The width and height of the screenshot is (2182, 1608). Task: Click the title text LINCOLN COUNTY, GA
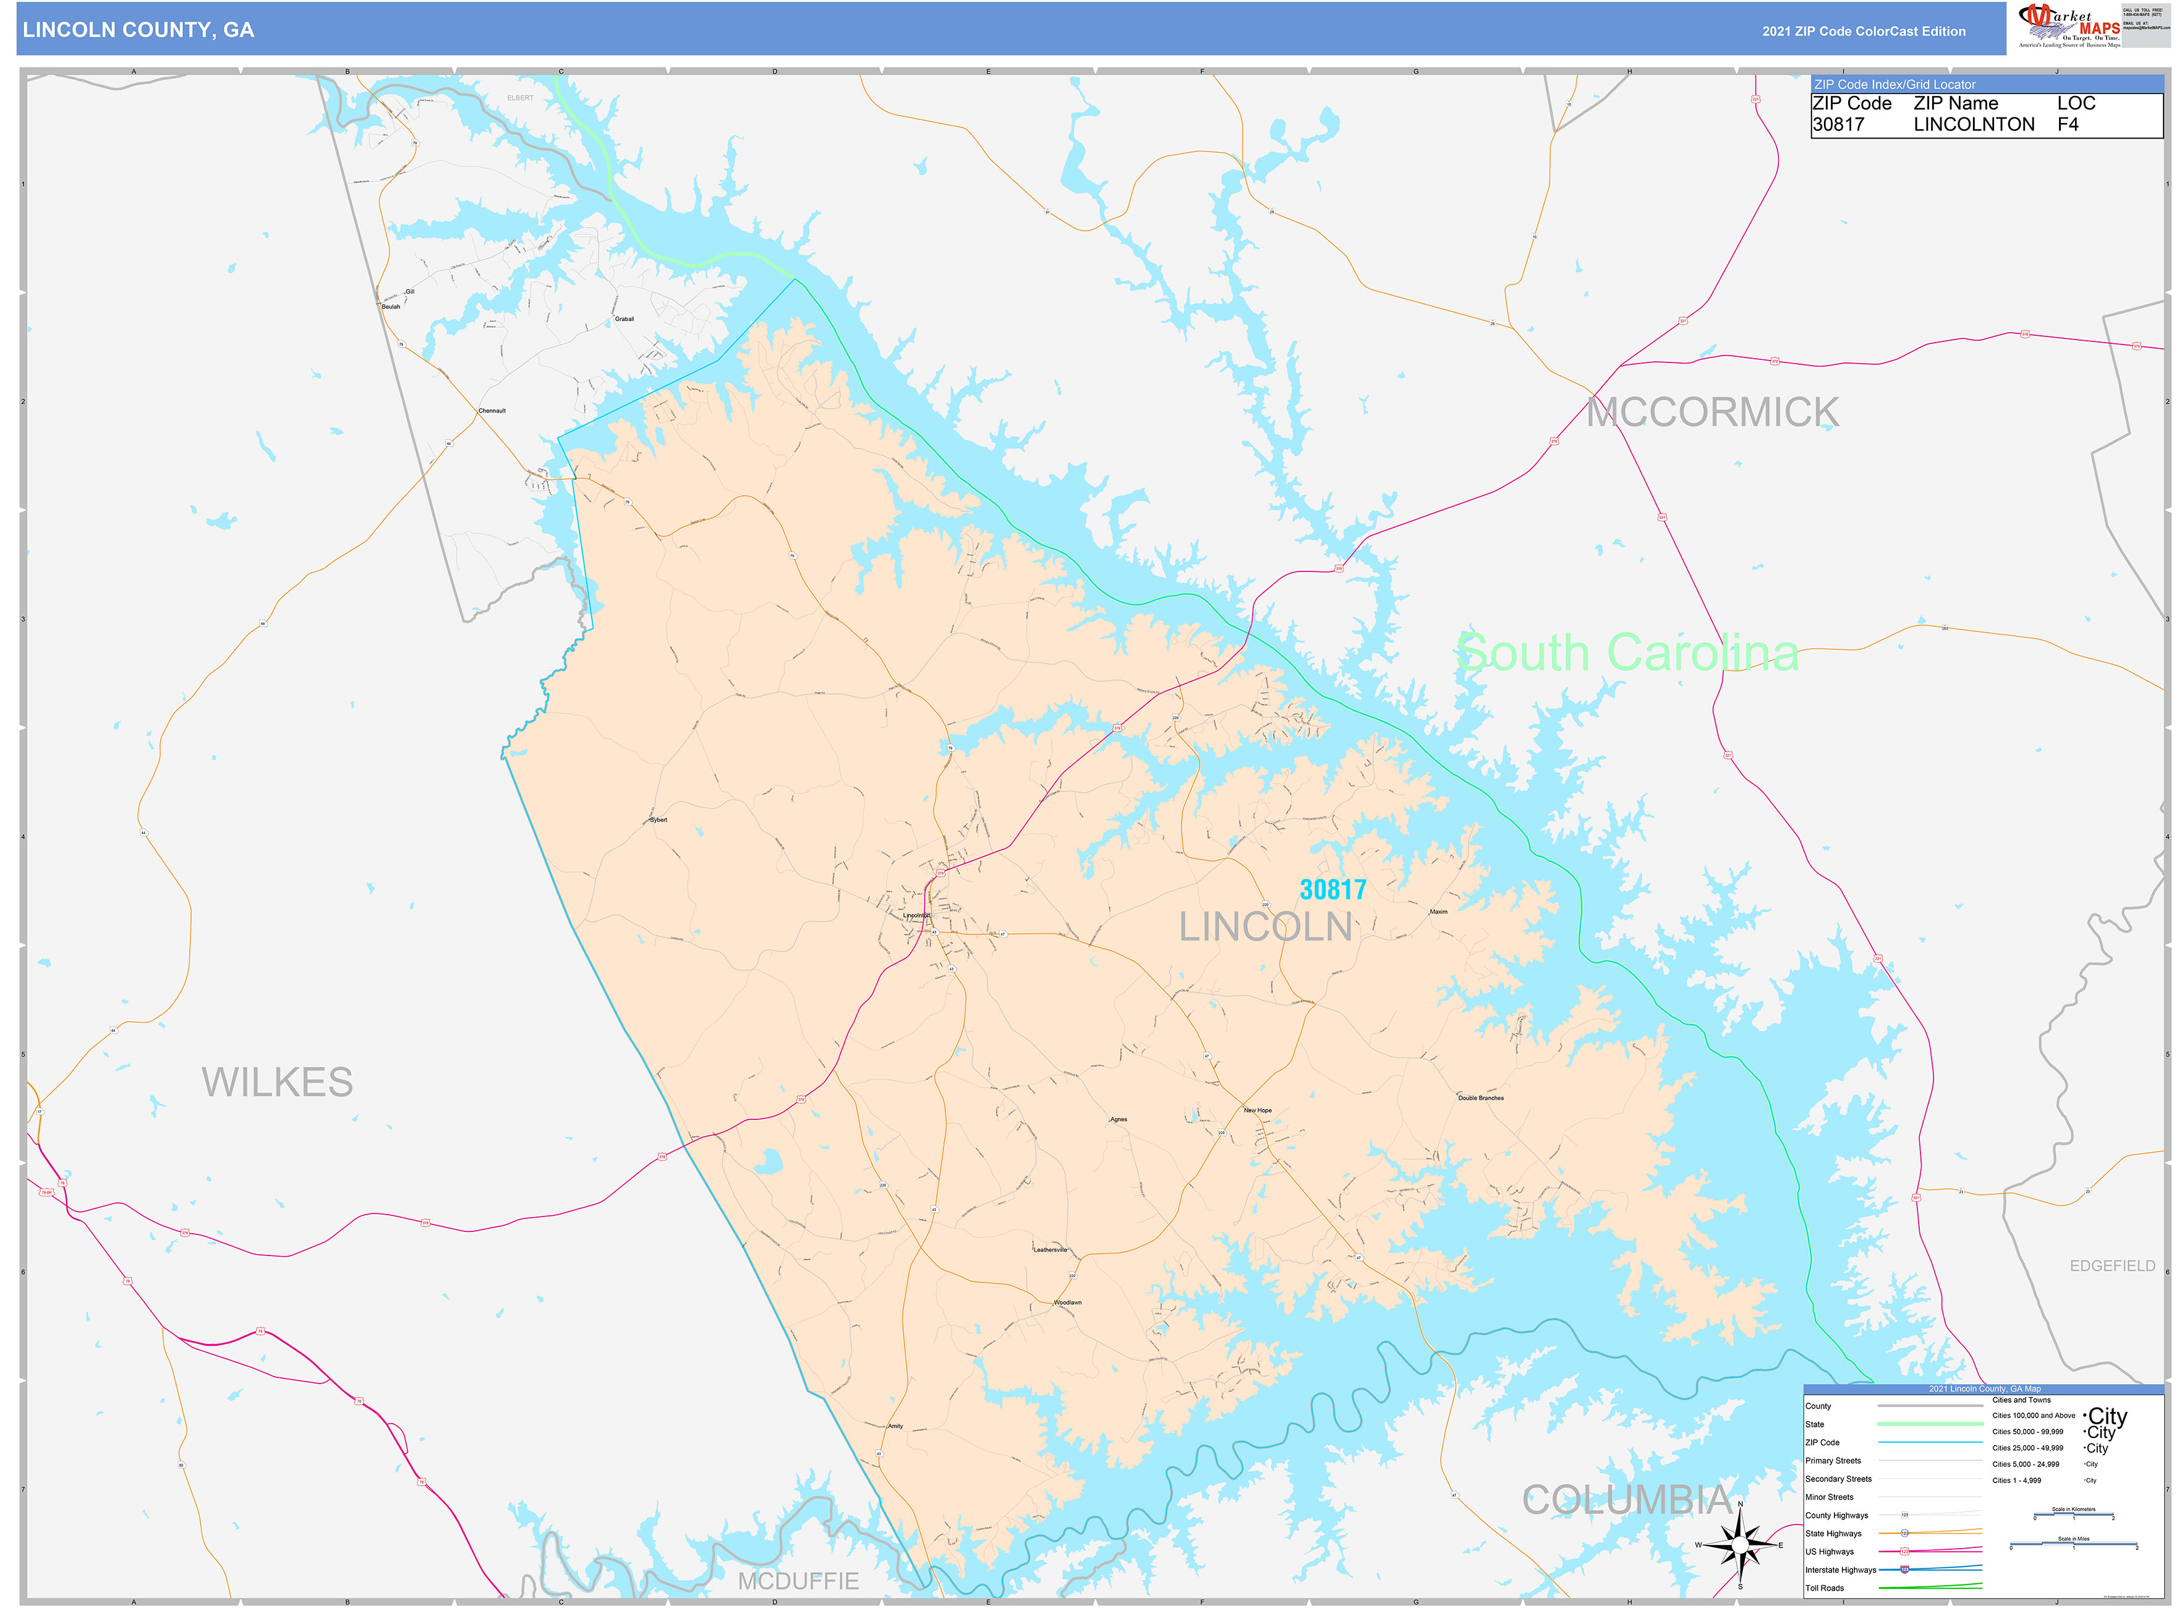[x=139, y=30]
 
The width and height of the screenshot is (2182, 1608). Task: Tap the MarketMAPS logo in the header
[x=2068, y=26]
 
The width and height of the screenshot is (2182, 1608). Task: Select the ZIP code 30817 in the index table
[x=1838, y=124]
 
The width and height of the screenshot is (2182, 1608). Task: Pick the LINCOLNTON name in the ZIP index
[x=1973, y=124]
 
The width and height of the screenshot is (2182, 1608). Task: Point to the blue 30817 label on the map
[x=1332, y=889]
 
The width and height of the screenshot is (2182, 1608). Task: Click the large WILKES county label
[x=278, y=1082]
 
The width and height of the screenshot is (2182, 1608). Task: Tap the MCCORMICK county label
[x=1712, y=413]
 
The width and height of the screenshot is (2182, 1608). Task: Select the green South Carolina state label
[x=1627, y=653]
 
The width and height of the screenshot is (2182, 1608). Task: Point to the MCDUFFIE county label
[x=798, y=1581]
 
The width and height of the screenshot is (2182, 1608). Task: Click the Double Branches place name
[x=1480, y=1098]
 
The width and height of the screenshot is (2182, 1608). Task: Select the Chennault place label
[x=492, y=411]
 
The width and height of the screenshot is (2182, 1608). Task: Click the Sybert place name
[x=658, y=819]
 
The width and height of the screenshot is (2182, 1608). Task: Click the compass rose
[x=1740, y=1545]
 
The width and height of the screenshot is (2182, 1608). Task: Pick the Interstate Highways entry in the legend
[x=1839, y=1570]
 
